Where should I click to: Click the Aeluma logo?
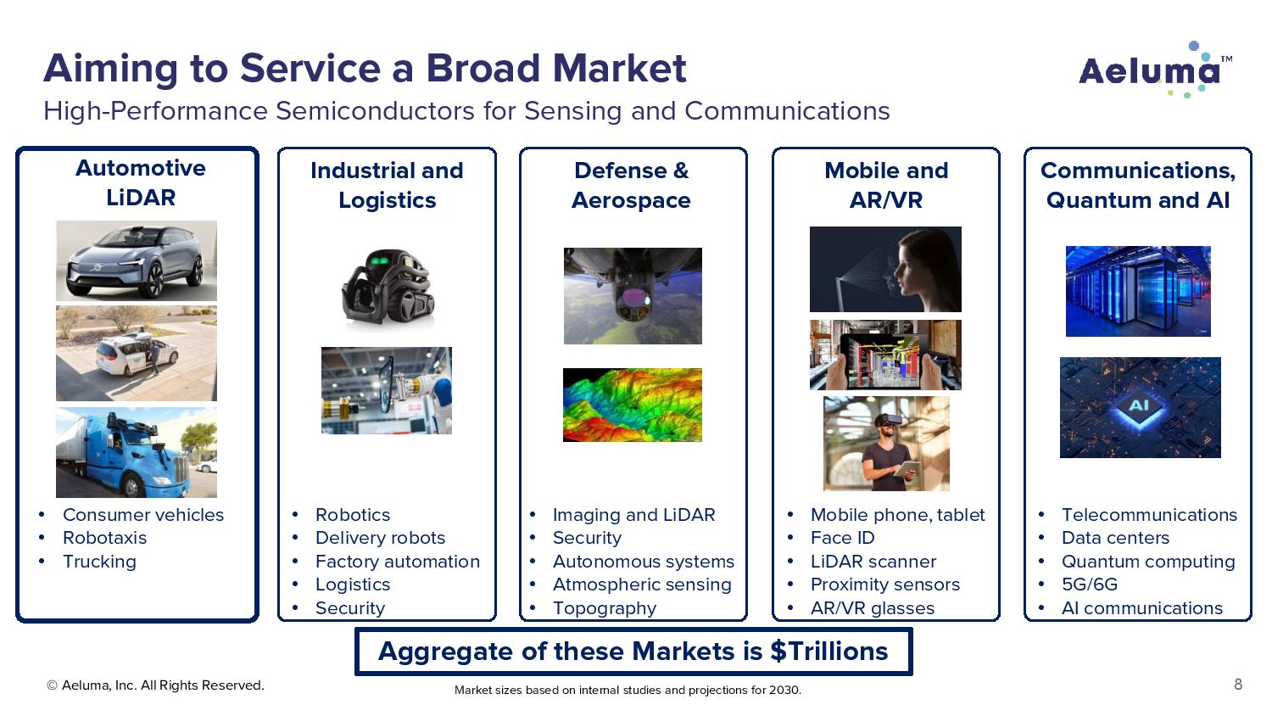[x=1156, y=70]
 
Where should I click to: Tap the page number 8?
[x=1238, y=684]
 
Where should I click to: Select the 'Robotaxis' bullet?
[x=104, y=538]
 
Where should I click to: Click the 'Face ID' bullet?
[x=842, y=538]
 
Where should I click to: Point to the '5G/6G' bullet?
[x=1089, y=585]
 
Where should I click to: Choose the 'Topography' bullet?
[x=604, y=608]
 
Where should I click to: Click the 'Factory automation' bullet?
[x=398, y=562]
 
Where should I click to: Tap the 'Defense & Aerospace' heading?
[x=632, y=185]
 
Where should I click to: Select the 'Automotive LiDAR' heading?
[x=140, y=183]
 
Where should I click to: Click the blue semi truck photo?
[x=137, y=452]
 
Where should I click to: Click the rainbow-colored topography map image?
[x=633, y=405]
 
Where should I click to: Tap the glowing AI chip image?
[x=1141, y=407]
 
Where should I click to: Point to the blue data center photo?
[x=1138, y=291]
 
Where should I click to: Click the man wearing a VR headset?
[x=886, y=444]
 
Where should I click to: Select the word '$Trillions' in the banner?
[x=828, y=652]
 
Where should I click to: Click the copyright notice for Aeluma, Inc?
[x=155, y=685]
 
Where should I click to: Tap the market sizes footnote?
[x=628, y=690]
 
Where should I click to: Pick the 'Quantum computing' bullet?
[x=1148, y=562]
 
